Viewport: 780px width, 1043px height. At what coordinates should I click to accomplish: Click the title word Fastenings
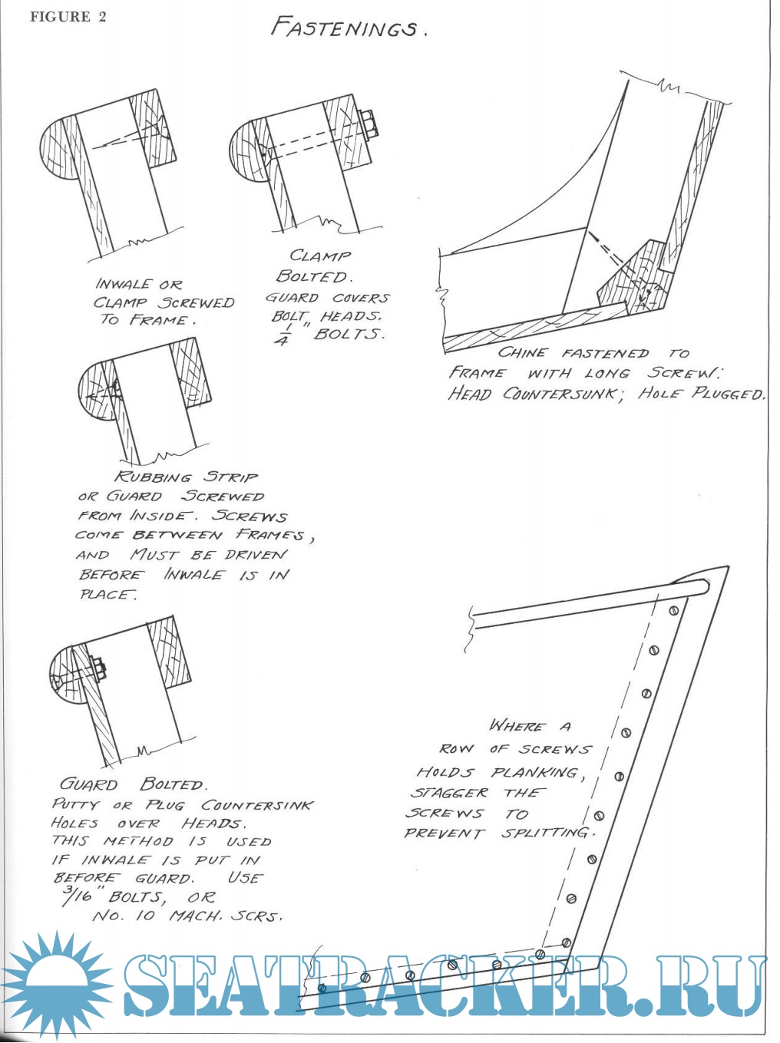pyautogui.click(x=345, y=28)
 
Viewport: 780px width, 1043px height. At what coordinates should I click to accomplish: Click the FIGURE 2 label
pyautogui.click(x=68, y=17)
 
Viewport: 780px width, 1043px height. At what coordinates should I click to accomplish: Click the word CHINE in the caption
pyautogui.click(x=523, y=353)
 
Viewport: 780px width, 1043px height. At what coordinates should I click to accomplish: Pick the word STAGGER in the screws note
pyautogui.click(x=449, y=793)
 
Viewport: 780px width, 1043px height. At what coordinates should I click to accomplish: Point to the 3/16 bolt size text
pyautogui.click(x=74, y=894)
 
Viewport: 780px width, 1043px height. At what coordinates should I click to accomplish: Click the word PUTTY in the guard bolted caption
pyautogui.click(x=75, y=804)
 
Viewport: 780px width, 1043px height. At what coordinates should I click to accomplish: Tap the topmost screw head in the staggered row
pyautogui.click(x=673, y=611)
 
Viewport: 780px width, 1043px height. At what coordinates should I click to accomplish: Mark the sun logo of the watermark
pyautogui.click(x=55, y=985)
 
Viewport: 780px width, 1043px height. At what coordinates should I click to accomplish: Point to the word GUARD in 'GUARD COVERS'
pyautogui.click(x=292, y=297)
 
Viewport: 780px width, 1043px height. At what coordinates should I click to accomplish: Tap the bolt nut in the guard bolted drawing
pyautogui.click(x=97, y=668)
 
